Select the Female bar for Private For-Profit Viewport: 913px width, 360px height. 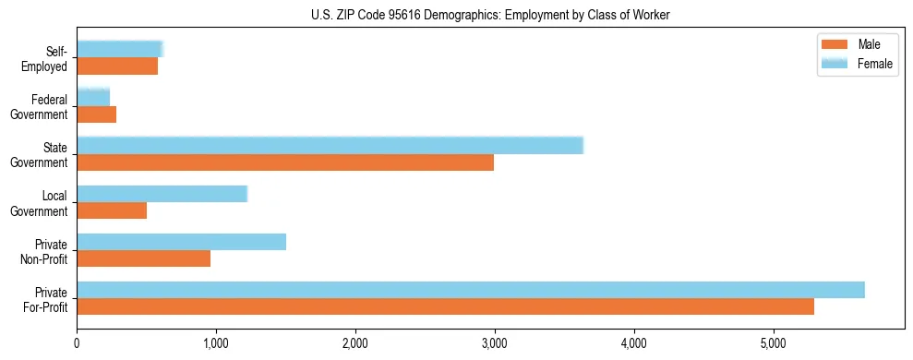(x=471, y=290)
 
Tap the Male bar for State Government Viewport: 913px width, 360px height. (x=285, y=162)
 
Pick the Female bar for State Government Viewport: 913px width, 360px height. (x=330, y=145)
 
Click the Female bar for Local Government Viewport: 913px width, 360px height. (x=162, y=194)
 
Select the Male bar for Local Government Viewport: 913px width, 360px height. (x=112, y=210)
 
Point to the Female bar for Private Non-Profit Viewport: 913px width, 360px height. (x=181, y=242)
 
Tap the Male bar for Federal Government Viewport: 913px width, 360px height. (x=96, y=114)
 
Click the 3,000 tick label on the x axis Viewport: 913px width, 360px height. (x=495, y=344)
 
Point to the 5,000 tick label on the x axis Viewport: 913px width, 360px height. (x=774, y=344)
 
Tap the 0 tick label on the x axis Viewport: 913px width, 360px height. (x=77, y=344)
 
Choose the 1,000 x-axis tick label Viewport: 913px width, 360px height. (x=216, y=344)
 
